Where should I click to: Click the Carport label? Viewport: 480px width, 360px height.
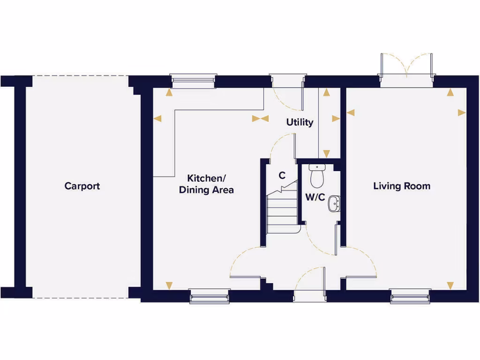(x=82, y=186)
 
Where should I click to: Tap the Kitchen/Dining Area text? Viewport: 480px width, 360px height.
(x=206, y=184)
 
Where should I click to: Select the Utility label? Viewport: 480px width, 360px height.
(x=300, y=122)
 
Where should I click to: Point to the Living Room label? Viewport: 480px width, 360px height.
(x=402, y=186)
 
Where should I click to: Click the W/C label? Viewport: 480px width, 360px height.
(x=315, y=197)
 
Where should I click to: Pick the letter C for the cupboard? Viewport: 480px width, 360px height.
(x=282, y=176)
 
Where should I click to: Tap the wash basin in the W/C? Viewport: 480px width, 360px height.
(x=334, y=203)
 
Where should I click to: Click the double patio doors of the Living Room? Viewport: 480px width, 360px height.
(x=406, y=70)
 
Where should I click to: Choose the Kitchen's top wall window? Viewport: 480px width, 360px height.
(x=194, y=81)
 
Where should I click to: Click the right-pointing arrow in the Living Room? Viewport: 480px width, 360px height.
(x=462, y=112)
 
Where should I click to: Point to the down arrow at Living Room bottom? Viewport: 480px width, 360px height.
(x=450, y=285)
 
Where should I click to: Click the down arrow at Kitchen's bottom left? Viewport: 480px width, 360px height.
(x=169, y=285)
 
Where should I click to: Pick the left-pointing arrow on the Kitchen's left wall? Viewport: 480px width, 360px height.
(x=157, y=119)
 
